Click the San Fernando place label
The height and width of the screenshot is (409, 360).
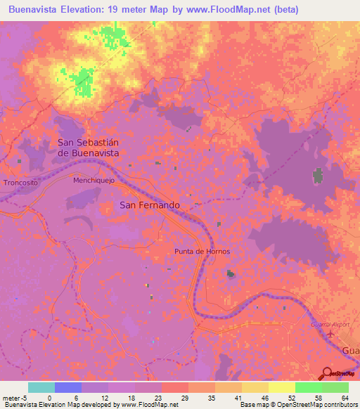coord(149,205)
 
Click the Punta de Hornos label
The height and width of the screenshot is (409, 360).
coord(202,251)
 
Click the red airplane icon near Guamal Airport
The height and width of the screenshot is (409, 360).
coord(330,335)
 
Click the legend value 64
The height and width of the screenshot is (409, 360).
coord(345,397)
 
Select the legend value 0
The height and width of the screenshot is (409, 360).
coord(50,397)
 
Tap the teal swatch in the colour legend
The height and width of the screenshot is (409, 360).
coord(41,387)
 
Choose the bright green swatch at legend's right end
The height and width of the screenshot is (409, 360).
coord(335,387)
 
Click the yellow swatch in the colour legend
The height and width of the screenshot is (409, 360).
coord(282,387)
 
